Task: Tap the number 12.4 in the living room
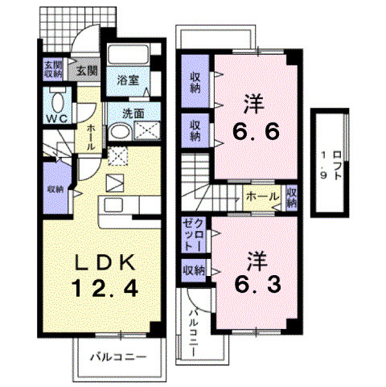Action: click(99, 286)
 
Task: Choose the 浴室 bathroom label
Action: click(127, 80)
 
